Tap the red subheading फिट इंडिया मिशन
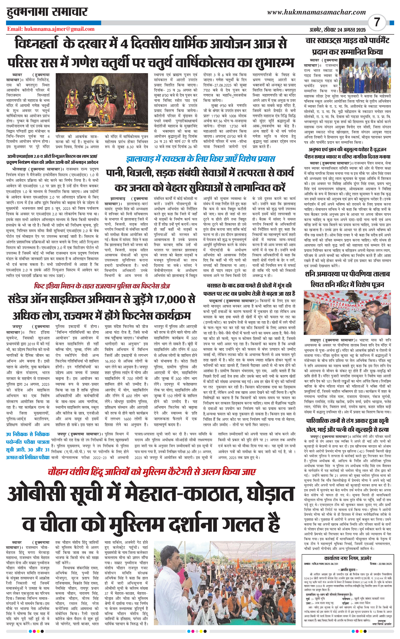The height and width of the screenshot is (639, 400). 102,286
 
